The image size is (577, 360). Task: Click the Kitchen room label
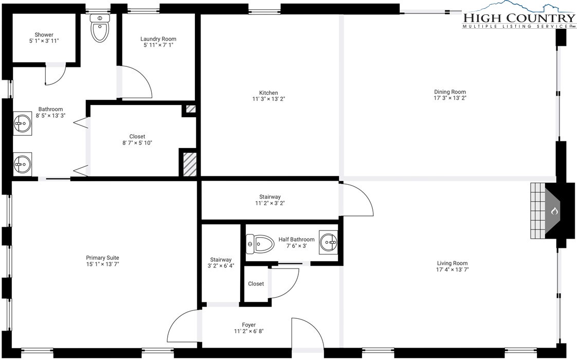(268, 93)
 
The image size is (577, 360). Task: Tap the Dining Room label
(449, 92)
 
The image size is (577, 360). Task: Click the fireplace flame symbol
(554, 211)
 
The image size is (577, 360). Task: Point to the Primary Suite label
(102, 258)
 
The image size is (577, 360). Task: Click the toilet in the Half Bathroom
(260, 243)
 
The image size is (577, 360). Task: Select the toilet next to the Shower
(100, 27)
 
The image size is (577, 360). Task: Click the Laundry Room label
(158, 39)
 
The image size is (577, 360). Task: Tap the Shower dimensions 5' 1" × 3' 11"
(44, 41)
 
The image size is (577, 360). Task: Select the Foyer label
(249, 325)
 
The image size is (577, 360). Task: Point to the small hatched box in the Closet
(190, 110)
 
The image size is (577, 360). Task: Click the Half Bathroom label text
(296, 239)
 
